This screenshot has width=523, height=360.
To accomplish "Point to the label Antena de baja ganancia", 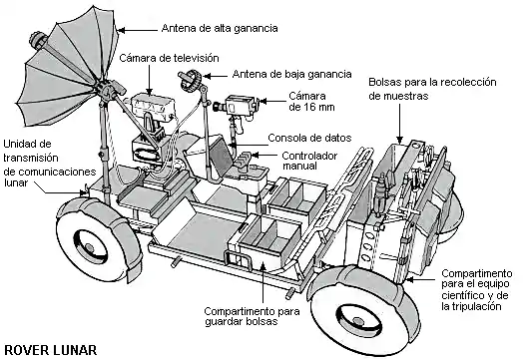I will pyautogui.click(x=291, y=74).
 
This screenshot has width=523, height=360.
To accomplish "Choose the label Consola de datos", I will pyautogui.click(x=308, y=138).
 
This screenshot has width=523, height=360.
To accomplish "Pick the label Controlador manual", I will pyautogui.click(x=309, y=162).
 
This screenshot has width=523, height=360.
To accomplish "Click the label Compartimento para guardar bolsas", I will pyautogui.click(x=251, y=317).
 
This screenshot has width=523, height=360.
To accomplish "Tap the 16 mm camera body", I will pyautogui.click(x=241, y=106).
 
